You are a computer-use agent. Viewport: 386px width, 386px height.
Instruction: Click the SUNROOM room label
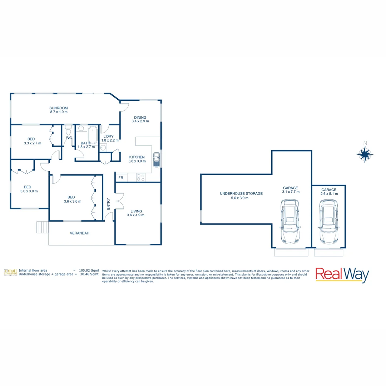click(x=59, y=108)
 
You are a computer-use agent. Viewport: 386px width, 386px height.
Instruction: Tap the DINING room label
click(x=140, y=117)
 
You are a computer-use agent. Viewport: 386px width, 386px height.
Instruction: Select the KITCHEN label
click(x=137, y=157)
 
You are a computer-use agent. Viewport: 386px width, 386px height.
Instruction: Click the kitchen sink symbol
click(x=156, y=160)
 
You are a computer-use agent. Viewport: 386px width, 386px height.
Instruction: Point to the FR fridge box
click(x=121, y=178)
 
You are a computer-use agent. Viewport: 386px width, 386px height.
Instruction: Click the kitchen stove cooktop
click(x=140, y=177)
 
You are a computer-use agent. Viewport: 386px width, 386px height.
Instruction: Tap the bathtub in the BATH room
click(x=93, y=135)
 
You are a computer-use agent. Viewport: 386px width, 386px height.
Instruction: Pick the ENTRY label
click(x=109, y=204)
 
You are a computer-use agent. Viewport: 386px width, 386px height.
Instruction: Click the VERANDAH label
click(x=79, y=233)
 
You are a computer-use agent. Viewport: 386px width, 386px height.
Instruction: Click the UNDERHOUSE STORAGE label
click(x=241, y=193)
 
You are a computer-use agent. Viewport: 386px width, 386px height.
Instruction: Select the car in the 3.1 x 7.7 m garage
click(x=290, y=221)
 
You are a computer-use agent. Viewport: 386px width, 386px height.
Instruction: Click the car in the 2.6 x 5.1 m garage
click(x=328, y=221)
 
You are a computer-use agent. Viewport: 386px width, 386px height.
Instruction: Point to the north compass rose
click(x=365, y=154)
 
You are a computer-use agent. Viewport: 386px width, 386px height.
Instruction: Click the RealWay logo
click(x=342, y=274)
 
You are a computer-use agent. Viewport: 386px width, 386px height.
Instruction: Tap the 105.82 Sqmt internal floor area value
click(x=89, y=271)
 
